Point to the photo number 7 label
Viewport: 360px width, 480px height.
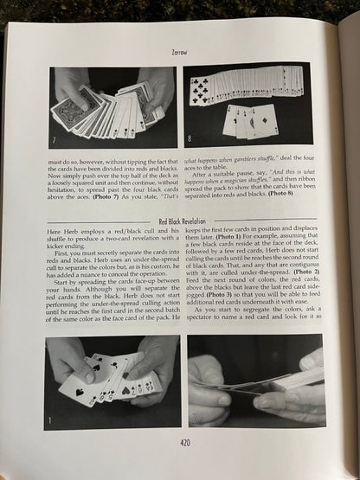55,138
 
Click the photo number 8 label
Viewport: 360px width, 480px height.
190,138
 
